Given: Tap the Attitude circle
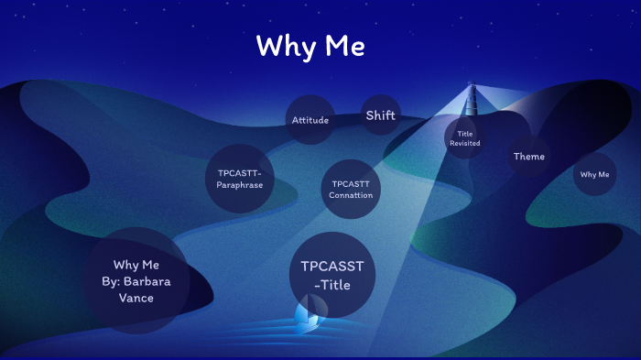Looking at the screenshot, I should [x=310, y=120].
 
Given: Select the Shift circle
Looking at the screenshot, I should [x=380, y=115].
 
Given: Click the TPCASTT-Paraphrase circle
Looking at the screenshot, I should [x=240, y=179].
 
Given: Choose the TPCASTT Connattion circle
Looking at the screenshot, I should [x=352, y=189].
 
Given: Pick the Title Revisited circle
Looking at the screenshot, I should [x=465, y=138].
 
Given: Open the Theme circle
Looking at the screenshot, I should [x=528, y=157].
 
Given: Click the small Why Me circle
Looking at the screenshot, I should [x=594, y=174].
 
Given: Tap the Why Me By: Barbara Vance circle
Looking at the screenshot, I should [x=136, y=281].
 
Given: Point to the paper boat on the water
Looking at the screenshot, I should [x=308, y=317].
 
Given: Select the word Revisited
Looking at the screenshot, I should [x=465, y=144].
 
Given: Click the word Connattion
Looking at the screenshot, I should [x=352, y=195].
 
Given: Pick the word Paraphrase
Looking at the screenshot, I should [x=240, y=185].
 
